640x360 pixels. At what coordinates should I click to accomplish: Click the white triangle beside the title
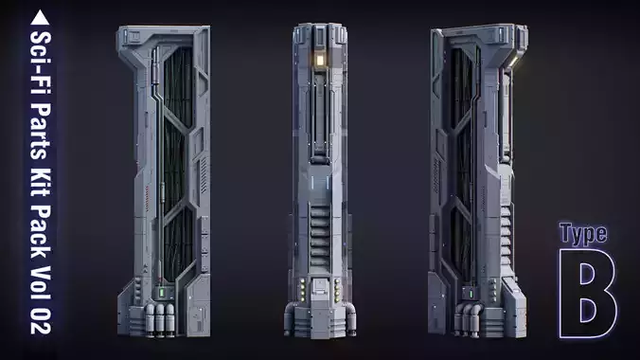click(42, 16)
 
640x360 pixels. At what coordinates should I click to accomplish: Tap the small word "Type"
click(582, 234)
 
